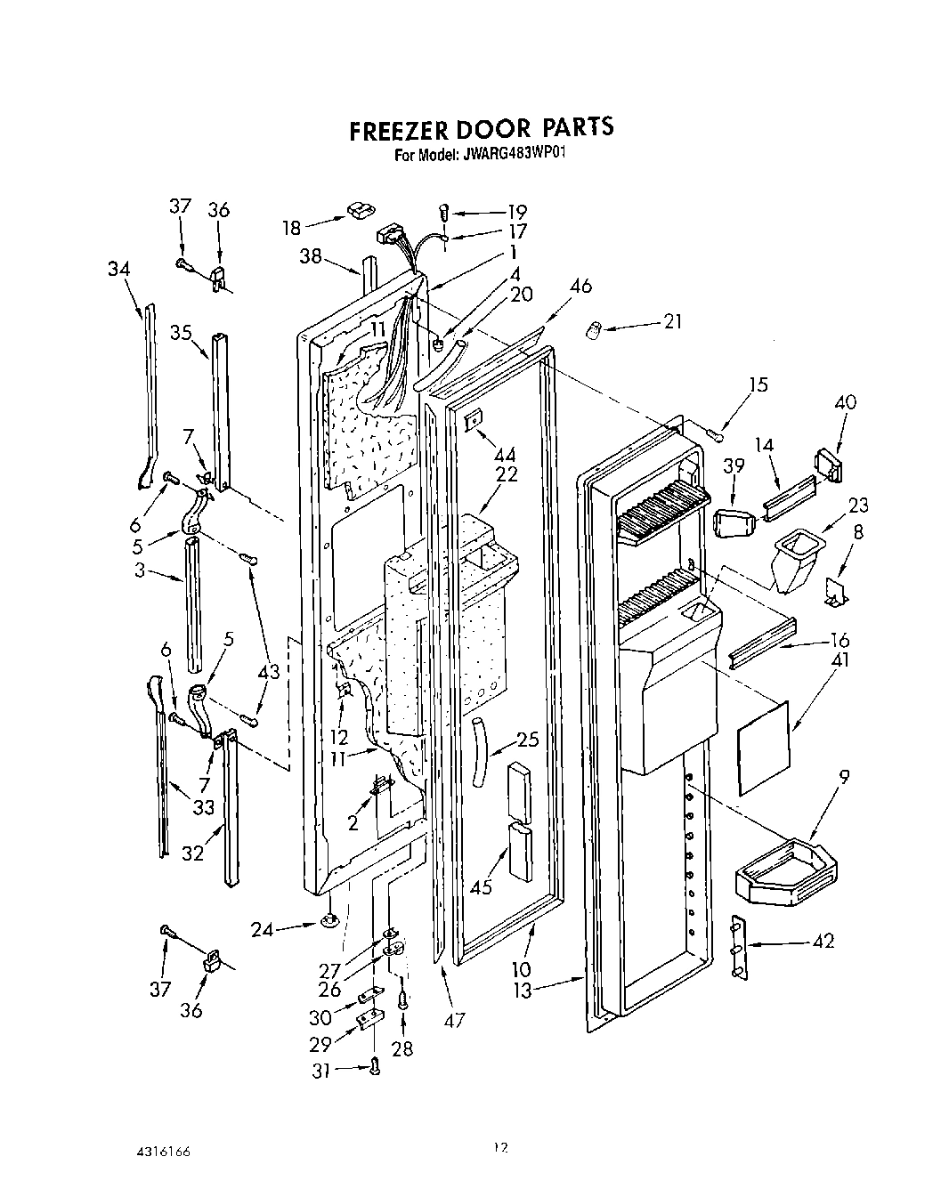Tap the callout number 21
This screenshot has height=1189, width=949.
pyautogui.click(x=673, y=320)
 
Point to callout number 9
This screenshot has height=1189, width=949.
pyautogui.click(x=842, y=777)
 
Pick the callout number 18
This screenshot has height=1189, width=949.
pyautogui.click(x=291, y=228)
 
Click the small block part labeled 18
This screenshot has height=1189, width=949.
pyautogui.click(x=360, y=210)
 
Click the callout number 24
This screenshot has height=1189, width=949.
pyautogui.click(x=262, y=929)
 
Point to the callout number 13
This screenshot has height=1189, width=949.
pyautogui.click(x=521, y=989)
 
